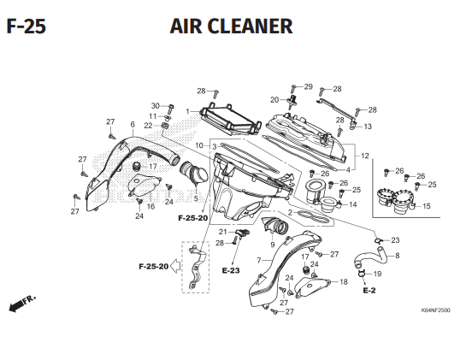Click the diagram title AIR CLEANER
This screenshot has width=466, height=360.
[x=231, y=27]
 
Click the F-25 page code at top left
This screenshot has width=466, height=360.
[x=27, y=27]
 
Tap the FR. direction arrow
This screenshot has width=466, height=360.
[x=21, y=304]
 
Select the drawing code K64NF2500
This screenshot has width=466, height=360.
[x=435, y=310]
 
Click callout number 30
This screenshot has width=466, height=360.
[x=156, y=106]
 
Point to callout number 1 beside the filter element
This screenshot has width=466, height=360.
[x=188, y=111]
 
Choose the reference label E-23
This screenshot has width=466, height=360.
[x=231, y=270]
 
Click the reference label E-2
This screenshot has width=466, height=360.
[x=369, y=290]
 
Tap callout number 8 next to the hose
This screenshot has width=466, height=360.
[x=398, y=256]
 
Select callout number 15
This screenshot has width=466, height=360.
[x=427, y=206]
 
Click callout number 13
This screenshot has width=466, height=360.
[x=368, y=127]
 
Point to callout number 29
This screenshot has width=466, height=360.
[x=309, y=86]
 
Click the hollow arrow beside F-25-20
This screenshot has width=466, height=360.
[x=175, y=266]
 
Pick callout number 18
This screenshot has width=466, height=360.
[x=344, y=281]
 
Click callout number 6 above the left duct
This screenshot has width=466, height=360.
[x=133, y=125]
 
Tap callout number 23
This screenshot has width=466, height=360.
[x=395, y=240]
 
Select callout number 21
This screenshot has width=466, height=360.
[x=223, y=232]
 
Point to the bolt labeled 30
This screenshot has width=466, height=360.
[x=171, y=109]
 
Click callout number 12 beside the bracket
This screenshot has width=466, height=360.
[x=365, y=156]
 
